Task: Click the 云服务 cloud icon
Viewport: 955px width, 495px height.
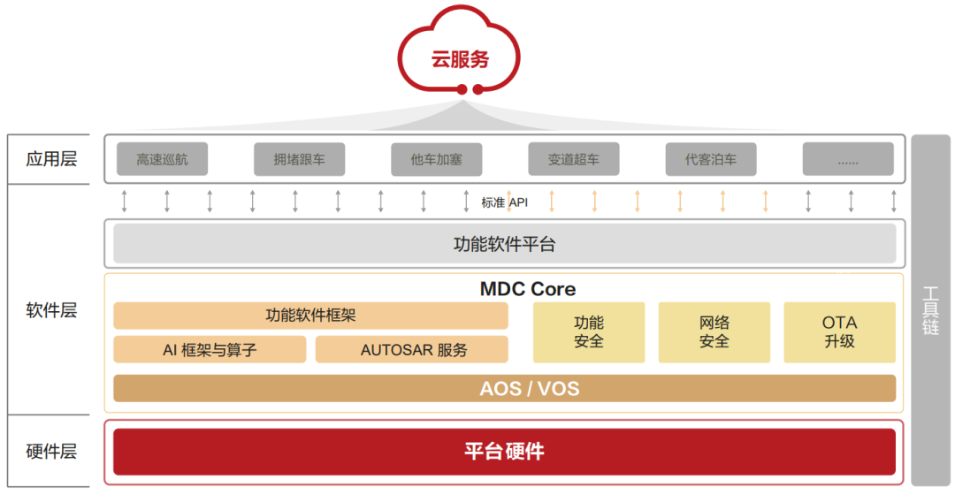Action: coord(460,57)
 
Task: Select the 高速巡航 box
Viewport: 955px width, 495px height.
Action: coord(162,160)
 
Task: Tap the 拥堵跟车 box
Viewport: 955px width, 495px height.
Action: coord(299,160)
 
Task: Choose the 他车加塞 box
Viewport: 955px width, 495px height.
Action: coord(436,160)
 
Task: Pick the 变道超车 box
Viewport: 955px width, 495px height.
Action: coord(573,160)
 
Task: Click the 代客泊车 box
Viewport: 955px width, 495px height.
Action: coord(710,160)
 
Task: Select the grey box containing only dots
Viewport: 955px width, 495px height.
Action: coord(848,160)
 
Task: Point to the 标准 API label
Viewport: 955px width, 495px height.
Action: coord(505,202)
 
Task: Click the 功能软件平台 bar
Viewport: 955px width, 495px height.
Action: coord(504,244)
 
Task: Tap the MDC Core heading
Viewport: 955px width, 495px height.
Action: coord(527,289)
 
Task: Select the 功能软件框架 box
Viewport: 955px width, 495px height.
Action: coord(310,316)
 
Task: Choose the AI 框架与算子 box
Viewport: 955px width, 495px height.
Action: coord(210,349)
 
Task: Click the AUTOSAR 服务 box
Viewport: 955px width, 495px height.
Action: coord(412,349)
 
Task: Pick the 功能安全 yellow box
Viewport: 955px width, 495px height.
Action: coord(589,332)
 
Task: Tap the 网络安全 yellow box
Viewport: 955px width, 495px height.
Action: coord(714,332)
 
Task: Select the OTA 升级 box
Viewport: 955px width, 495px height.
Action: coord(840,332)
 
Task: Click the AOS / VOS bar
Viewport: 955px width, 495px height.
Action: coord(504,388)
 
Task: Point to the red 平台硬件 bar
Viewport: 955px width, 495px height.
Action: coord(504,452)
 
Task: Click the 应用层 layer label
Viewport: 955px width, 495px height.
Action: coord(51,159)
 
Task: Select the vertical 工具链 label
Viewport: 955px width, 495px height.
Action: coord(930,309)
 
